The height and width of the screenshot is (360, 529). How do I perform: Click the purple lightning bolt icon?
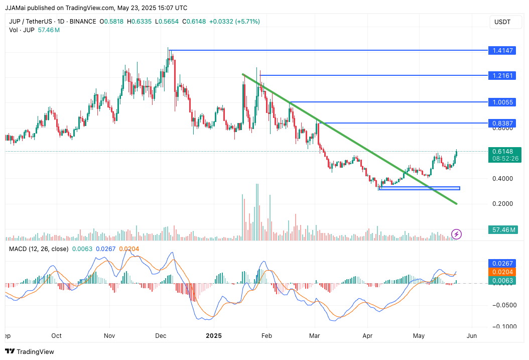(457, 234)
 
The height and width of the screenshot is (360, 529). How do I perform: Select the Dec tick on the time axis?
(161, 335)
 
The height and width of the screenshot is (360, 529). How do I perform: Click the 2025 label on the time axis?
(214, 335)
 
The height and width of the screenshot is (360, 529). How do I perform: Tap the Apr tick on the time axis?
(367, 335)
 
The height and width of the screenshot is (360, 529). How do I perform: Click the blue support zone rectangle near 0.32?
(420, 188)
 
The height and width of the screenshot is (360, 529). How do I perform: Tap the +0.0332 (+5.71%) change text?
(235, 22)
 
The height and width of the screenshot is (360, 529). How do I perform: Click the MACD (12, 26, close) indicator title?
(38, 249)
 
